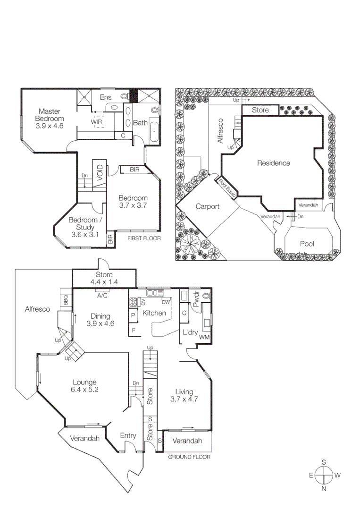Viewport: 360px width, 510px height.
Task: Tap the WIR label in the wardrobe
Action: pos(96,121)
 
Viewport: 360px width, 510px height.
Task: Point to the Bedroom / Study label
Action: pos(85,223)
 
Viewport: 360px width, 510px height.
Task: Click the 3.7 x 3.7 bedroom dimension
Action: pos(133,206)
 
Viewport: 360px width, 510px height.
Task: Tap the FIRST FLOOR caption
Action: pos(144,239)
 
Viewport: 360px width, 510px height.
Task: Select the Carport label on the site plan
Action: pos(207,207)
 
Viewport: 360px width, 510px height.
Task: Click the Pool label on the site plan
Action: pos(307,244)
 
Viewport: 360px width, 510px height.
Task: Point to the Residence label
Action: pos(273,163)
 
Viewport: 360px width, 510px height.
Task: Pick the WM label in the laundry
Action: pos(204,337)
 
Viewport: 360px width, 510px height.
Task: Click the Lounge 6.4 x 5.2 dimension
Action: pos(84,390)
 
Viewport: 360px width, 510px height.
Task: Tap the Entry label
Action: pos(128,436)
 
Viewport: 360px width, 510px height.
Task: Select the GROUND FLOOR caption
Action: pos(190,457)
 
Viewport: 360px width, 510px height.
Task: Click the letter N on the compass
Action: pos(324,489)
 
